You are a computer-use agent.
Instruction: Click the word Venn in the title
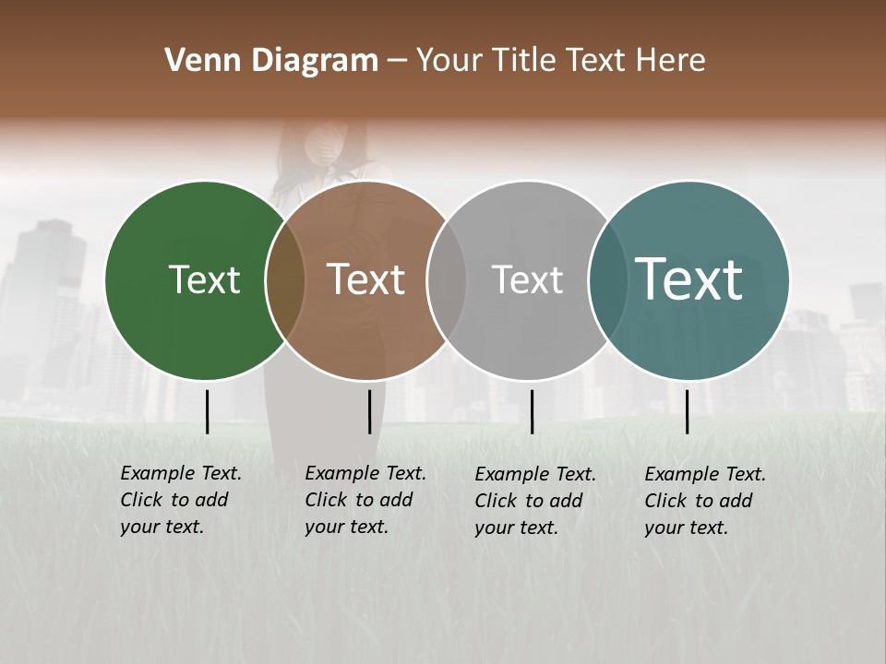pos(198,61)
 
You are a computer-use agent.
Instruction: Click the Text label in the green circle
pos(204,279)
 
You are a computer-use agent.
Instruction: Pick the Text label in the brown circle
pos(366,279)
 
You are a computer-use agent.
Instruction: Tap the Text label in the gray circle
pos(527,279)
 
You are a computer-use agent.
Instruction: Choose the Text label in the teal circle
pos(689,279)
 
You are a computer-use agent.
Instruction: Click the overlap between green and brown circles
pos(285,280)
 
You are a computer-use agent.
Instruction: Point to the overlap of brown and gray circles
pos(447,280)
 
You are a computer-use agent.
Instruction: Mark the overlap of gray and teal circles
pos(605,280)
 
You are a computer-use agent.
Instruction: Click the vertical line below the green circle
pos(208,411)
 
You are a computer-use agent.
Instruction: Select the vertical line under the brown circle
pos(369,411)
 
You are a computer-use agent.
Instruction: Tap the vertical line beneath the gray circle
pos(532,411)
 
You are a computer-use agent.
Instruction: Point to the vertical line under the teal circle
pos(688,411)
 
